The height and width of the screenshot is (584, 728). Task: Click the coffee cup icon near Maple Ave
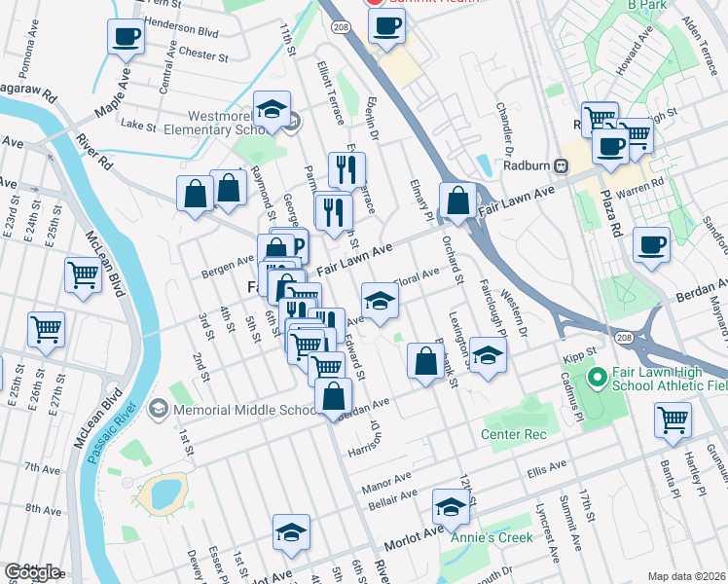(x=126, y=38)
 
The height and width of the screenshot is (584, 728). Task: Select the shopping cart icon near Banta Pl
(x=673, y=420)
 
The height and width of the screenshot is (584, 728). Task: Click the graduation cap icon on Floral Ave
(x=381, y=300)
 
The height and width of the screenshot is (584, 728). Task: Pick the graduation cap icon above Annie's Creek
(x=451, y=507)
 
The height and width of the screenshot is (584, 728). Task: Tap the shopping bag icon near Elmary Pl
(x=457, y=201)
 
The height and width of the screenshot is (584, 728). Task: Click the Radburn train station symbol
(x=562, y=164)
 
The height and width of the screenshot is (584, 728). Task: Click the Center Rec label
(x=513, y=433)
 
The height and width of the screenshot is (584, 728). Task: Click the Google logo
(x=32, y=571)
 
